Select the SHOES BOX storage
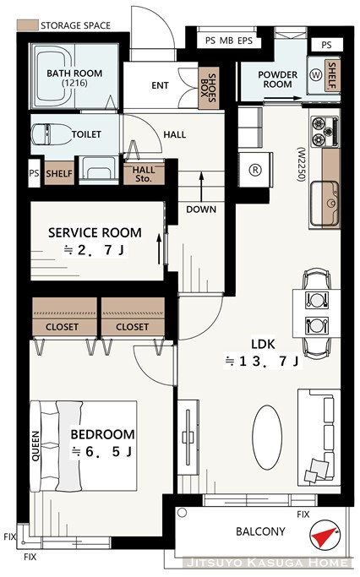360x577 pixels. pos(209,88)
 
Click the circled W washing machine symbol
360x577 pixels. pos(316,75)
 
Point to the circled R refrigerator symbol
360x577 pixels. pos(255,170)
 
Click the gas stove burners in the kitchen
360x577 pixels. pos(325,132)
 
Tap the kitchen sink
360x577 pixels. pos(325,204)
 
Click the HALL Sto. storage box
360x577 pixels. pos(144,174)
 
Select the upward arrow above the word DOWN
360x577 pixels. pos(201,186)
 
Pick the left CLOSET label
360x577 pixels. pos(62,327)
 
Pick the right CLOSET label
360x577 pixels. pos(132,327)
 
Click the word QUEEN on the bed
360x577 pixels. pos(35,446)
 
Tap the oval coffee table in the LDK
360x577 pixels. pos(267,437)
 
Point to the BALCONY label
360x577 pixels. pos(260,531)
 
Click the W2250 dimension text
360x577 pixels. pos(302,165)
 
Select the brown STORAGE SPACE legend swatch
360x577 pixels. pos(28,25)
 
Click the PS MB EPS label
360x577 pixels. pos(228,41)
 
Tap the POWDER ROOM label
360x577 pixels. pos(277,79)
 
